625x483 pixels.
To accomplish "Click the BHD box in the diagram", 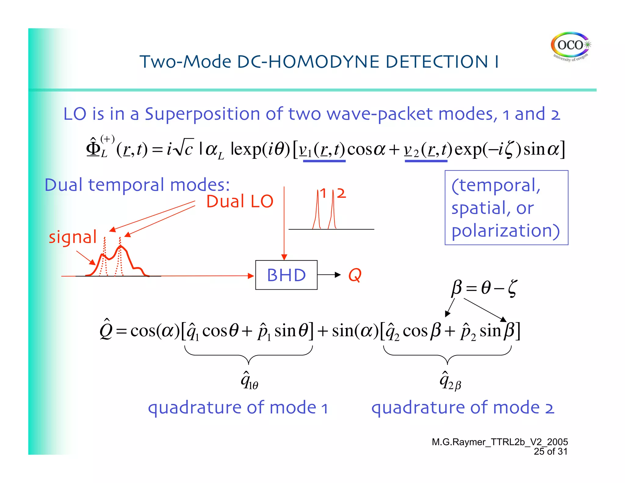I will point(286,275).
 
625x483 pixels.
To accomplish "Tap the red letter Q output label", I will point(355,275).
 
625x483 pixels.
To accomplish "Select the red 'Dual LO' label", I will point(240,202).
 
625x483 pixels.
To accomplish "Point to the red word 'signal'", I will point(73,237).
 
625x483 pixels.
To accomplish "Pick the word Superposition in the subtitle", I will point(202,114).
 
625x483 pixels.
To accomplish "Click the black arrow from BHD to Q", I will point(329,275).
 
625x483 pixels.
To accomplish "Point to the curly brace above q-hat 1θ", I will point(249,355).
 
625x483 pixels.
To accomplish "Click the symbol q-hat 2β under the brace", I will point(450,381).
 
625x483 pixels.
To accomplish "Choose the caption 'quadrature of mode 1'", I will point(238,408).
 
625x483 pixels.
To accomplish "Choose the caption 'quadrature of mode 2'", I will point(462,408).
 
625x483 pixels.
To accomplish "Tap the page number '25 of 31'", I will point(550,452).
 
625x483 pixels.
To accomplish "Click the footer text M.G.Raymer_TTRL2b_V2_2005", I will point(500,442).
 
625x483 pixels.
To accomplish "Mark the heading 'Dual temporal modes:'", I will point(137,185).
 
